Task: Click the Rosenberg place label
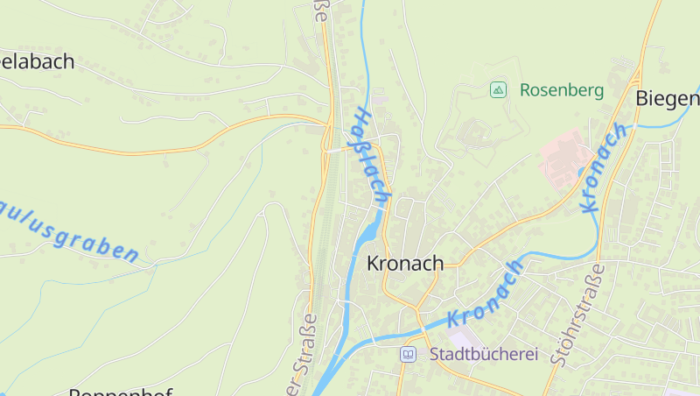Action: tap(561, 89)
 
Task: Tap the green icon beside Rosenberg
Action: tap(498, 89)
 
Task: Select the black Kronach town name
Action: tap(405, 263)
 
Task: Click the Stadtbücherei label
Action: tap(483, 355)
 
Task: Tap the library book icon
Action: tap(408, 355)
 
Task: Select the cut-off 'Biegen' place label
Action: tap(668, 97)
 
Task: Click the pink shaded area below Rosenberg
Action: tap(561, 156)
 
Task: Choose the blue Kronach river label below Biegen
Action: tap(605, 167)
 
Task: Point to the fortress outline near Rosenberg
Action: tap(478, 131)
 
